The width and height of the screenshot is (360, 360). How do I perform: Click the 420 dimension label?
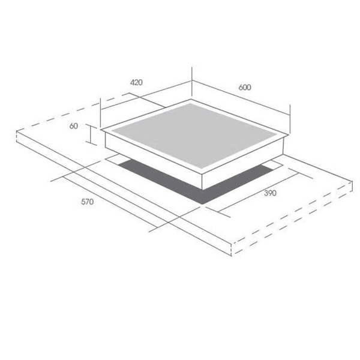point(136,82)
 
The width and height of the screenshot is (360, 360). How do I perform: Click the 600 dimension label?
point(245,87)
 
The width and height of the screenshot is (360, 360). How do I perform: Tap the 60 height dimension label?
point(73,126)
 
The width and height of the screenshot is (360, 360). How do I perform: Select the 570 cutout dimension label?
point(88,202)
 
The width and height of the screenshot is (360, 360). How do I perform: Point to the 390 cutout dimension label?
point(270,193)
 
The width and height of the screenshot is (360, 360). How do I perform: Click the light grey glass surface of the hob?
point(194,136)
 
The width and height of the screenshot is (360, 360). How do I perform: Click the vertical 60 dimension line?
point(91,135)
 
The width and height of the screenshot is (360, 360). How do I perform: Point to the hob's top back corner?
point(191,100)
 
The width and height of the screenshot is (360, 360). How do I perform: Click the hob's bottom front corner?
point(203,190)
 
